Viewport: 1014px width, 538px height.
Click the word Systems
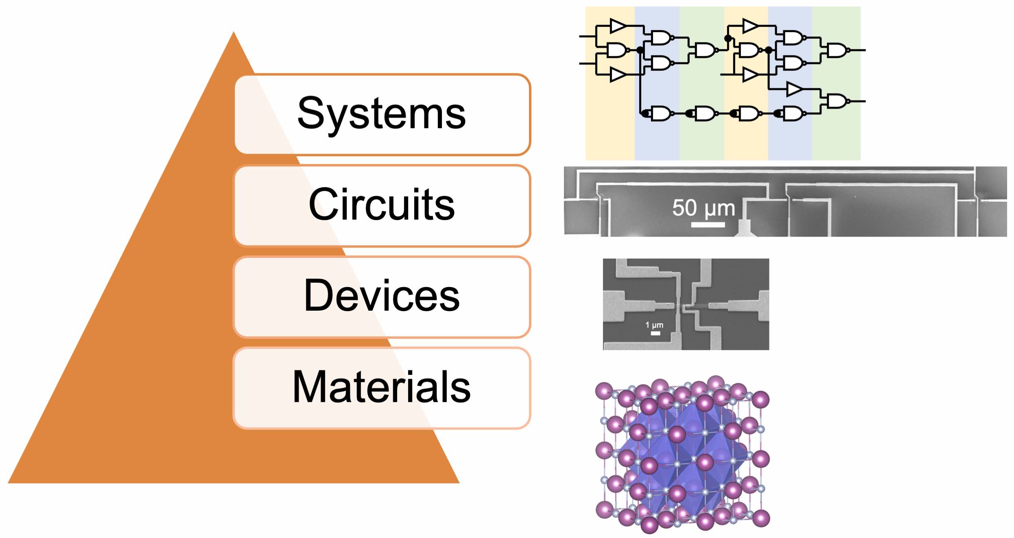pyautogui.click(x=381, y=114)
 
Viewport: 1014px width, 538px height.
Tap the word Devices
pyautogui.click(x=381, y=296)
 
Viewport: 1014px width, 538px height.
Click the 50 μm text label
pyautogui.click(x=704, y=208)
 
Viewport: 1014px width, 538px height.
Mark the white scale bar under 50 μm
pyautogui.click(x=708, y=224)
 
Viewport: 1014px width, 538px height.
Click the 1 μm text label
pyautogui.click(x=654, y=325)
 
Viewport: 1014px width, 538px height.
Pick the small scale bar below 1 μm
pyautogui.click(x=655, y=333)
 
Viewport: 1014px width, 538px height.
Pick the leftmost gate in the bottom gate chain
pyautogui.click(x=660, y=114)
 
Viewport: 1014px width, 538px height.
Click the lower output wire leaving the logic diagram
pyautogui.click(x=857, y=101)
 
